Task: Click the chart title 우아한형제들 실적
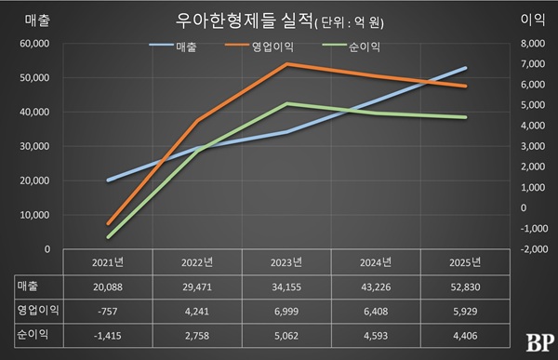(x=244, y=21)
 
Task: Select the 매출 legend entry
(x=173, y=47)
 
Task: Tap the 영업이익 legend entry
(x=259, y=47)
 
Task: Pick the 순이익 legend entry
(x=352, y=47)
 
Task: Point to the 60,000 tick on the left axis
(x=34, y=44)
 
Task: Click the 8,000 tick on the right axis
(x=533, y=44)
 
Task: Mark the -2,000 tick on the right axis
(x=534, y=249)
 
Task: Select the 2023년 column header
(x=286, y=262)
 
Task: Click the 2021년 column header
(x=108, y=262)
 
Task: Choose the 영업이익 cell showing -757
(x=108, y=312)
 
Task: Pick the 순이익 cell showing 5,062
(x=286, y=336)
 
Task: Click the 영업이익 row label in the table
(x=38, y=310)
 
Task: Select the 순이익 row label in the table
(x=33, y=334)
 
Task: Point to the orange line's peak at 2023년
(x=286, y=64)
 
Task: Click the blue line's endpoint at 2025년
(x=465, y=68)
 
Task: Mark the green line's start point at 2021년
(x=108, y=237)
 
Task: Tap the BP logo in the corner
(x=539, y=343)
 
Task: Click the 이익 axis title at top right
(x=533, y=20)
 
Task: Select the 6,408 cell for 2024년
(x=376, y=312)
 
